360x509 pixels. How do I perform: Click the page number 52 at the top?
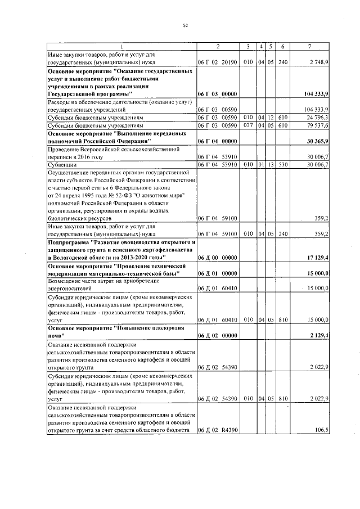click(184, 25)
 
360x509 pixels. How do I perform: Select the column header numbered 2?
click(218, 46)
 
